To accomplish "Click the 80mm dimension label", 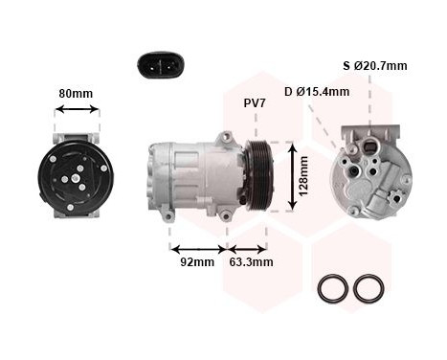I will click(77, 94).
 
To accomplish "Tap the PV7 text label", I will click(255, 102).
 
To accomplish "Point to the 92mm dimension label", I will click(197, 261).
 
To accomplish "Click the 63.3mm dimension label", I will click(251, 261).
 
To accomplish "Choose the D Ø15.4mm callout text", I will click(316, 92).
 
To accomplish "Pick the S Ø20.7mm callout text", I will click(374, 66).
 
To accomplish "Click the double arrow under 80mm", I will click(77, 110).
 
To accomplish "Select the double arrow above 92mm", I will click(197, 248).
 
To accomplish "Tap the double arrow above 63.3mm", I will click(247, 248).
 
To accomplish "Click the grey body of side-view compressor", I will click(196, 177).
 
